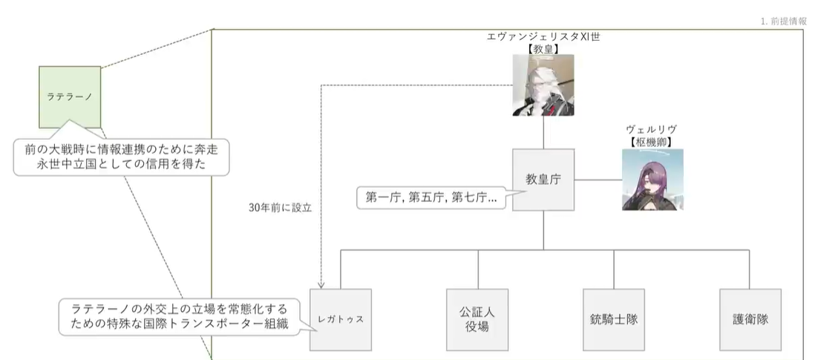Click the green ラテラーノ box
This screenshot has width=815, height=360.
69,96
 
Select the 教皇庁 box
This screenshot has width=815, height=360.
543,180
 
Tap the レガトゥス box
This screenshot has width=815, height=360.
340,319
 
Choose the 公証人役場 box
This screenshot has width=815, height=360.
478,319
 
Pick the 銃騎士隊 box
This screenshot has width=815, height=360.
615,319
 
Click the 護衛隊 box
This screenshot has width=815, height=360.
750,319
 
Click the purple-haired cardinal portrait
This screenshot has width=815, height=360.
652,180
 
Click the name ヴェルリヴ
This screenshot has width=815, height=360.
652,128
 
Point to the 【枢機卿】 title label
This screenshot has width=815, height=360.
652,140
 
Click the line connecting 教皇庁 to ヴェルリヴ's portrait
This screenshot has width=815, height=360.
597,180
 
